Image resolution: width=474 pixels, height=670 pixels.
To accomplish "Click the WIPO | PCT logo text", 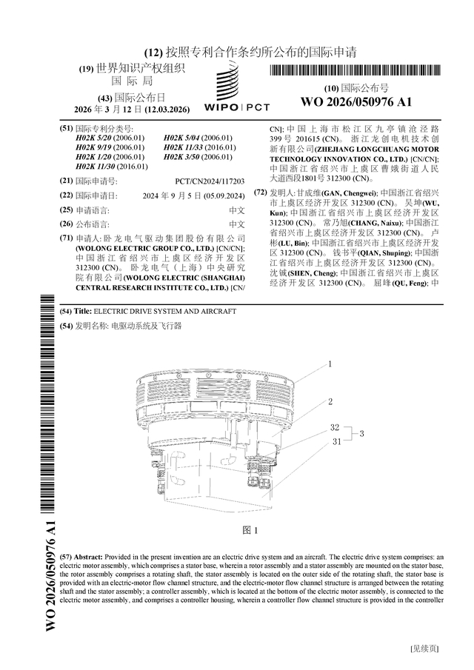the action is tap(236, 107).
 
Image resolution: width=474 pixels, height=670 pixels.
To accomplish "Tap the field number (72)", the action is tap(260, 192).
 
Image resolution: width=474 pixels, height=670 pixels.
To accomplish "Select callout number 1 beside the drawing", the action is tap(330, 364).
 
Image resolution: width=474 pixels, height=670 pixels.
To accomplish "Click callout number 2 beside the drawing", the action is tap(330, 401).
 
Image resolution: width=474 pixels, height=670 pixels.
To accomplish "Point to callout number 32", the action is tap(335, 428).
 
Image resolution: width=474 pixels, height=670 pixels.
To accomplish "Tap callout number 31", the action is tap(335, 441).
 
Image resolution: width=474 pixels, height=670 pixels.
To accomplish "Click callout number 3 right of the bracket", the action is tap(362, 434).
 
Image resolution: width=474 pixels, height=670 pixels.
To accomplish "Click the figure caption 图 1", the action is tap(250, 531).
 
